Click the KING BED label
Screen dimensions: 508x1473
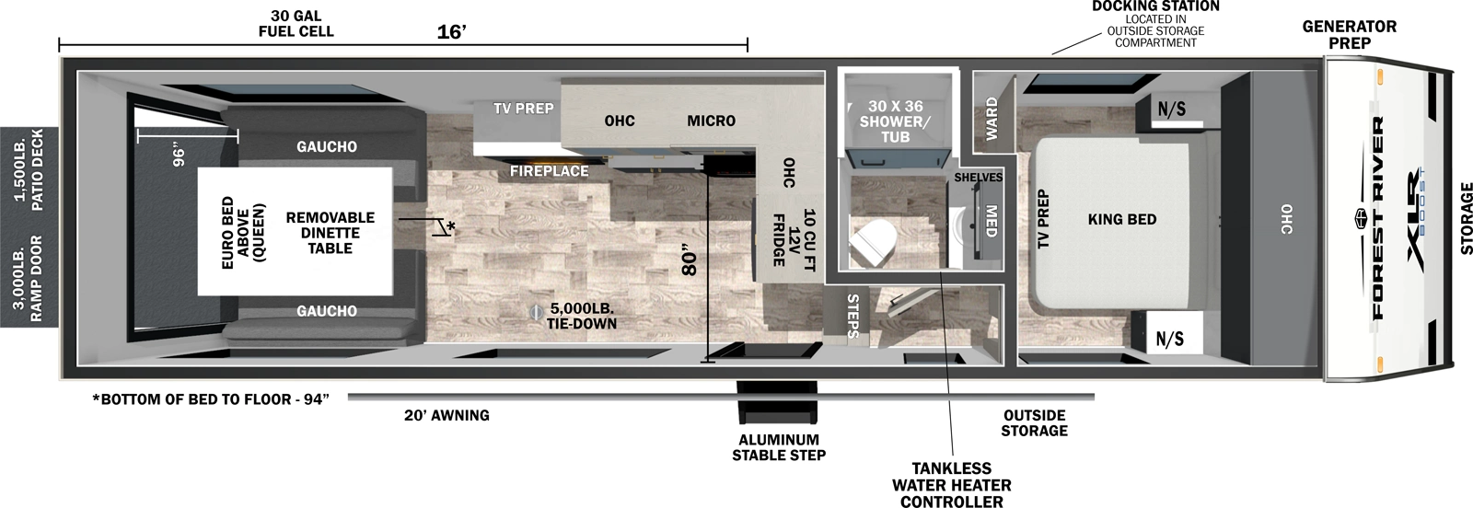click(1121, 219)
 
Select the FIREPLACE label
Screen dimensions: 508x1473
click(550, 171)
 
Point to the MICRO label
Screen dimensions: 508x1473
click(711, 121)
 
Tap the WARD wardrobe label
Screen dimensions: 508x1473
click(992, 119)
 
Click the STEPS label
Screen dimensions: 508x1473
click(852, 316)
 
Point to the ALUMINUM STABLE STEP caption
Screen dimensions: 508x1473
click(779, 447)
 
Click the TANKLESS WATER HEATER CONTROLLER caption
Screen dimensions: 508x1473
click(951, 485)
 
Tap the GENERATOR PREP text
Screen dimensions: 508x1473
click(1349, 34)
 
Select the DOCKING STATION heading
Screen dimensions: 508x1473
click(1155, 6)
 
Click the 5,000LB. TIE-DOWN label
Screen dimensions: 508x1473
click(581, 316)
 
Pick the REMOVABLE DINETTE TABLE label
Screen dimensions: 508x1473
click(330, 232)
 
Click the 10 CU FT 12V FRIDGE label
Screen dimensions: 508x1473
click(793, 237)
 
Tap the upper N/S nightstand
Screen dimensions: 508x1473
click(1171, 110)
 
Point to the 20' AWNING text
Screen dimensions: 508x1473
click(447, 415)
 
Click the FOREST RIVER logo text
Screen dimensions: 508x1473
click(1378, 217)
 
